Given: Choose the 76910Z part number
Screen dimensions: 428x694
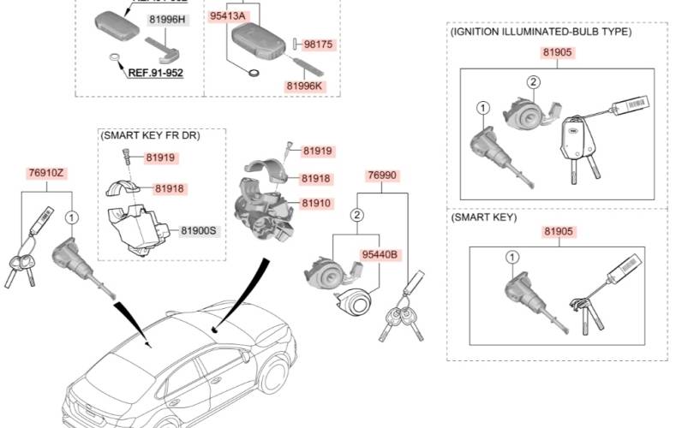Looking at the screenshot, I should point(46,173).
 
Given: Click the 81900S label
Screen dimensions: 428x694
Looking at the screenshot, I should point(199,231).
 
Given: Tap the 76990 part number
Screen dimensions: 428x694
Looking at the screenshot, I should point(382,175).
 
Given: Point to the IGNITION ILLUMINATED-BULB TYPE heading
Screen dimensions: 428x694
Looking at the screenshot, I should point(541,32).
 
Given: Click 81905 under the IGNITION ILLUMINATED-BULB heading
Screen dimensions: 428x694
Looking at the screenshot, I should point(557,52).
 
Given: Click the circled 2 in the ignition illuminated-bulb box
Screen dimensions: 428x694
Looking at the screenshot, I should point(532,82).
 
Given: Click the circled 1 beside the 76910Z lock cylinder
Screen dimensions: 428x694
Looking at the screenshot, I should point(72,217).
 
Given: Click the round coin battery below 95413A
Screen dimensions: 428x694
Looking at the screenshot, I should point(254,74).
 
